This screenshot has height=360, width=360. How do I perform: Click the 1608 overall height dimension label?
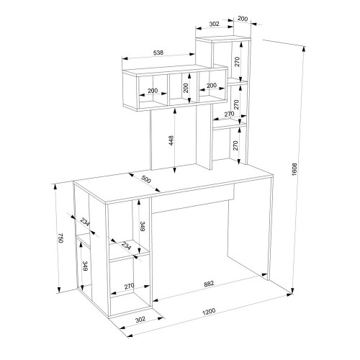294,169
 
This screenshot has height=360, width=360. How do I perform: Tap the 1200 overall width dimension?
209,312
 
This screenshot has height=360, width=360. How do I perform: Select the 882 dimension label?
209,284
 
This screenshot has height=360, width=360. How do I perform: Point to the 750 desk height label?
60,238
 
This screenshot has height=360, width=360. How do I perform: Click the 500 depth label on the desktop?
146,179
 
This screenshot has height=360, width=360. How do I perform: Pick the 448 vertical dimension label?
171,140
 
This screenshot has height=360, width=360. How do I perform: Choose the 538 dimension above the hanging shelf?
158,53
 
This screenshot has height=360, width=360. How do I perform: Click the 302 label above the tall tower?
215,24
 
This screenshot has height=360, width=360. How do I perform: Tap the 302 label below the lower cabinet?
140,320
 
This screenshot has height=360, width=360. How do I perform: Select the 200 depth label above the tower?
243,19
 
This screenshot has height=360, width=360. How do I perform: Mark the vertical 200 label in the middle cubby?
186,88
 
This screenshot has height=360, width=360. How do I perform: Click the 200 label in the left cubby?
153,91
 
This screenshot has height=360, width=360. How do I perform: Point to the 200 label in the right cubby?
212,86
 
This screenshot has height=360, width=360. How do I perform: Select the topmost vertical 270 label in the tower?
237,62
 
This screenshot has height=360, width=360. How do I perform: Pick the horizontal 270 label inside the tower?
229,114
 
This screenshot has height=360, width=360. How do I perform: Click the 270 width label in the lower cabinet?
129,286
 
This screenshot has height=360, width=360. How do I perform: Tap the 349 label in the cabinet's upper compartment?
142,226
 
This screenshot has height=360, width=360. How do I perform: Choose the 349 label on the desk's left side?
85,266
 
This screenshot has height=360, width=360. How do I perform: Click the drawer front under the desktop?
193,198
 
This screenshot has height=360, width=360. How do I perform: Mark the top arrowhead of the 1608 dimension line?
304,48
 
